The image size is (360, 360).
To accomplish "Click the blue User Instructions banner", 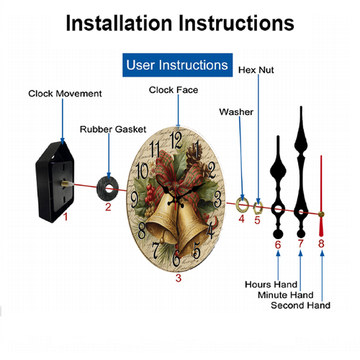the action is [x=177, y=65].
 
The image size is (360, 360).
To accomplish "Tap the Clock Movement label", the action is [x=65, y=94].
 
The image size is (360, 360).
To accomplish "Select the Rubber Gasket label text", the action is [x=113, y=129].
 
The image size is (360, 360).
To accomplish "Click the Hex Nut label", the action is [x=256, y=70].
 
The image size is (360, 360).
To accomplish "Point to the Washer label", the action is [x=236, y=112].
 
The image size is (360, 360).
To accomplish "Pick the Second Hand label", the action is [x=300, y=305].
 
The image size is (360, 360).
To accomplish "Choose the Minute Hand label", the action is [x=286, y=294].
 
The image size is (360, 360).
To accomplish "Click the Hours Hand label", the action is [x=271, y=284].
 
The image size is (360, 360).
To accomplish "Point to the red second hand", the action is [x=321, y=196].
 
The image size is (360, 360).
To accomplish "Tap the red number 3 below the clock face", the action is [x=179, y=278].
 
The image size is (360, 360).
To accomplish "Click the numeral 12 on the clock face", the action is [x=176, y=140].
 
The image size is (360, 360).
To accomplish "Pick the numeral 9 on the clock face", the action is [x=135, y=199].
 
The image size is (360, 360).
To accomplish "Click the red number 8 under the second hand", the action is [x=321, y=243].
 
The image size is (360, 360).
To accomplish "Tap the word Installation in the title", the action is [x=119, y=23].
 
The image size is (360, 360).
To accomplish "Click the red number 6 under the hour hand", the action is [x=278, y=245].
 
